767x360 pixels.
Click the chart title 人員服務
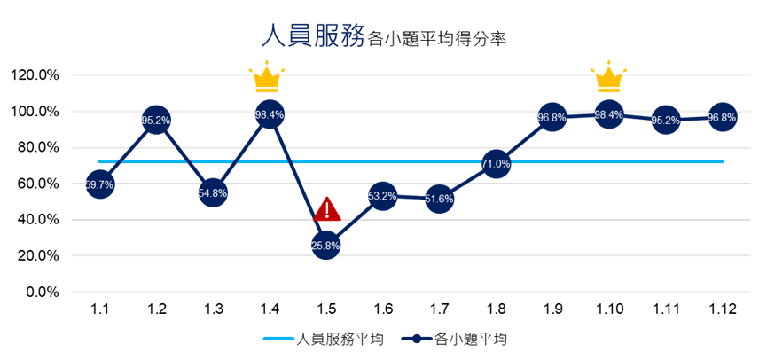pyautogui.click(x=313, y=36)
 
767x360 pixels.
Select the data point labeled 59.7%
pyautogui.click(x=99, y=184)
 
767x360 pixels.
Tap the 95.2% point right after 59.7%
pyautogui.click(x=156, y=120)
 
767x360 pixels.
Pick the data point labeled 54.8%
pyautogui.click(x=213, y=192)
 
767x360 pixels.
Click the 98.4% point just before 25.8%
pyautogui.click(x=269, y=114)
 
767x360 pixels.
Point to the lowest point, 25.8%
pyautogui.click(x=325, y=245)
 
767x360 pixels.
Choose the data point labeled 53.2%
pyautogui.click(x=382, y=196)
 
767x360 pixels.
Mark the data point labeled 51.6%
pyautogui.click(x=439, y=199)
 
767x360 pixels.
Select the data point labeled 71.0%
pyautogui.click(x=496, y=163)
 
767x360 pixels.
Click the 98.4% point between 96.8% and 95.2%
pyautogui.click(x=608, y=114)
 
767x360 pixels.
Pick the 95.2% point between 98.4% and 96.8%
pyautogui.click(x=665, y=120)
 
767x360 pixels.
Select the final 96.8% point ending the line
pyautogui.click(x=722, y=117)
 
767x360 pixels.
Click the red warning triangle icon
pyautogui.click(x=327, y=210)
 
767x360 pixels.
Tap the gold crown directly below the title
pyautogui.click(x=266, y=79)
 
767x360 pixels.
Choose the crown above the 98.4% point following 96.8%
pyautogui.click(x=609, y=79)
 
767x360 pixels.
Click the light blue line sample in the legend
pyautogui.click(x=278, y=338)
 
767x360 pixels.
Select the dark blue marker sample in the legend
pyautogui.click(x=417, y=338)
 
